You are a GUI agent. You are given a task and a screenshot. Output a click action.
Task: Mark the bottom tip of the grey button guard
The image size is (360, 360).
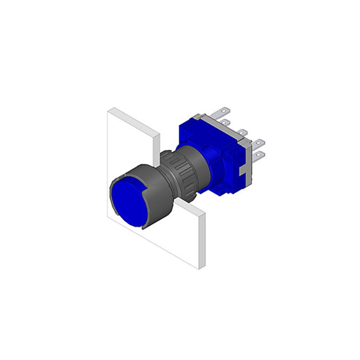144,228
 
